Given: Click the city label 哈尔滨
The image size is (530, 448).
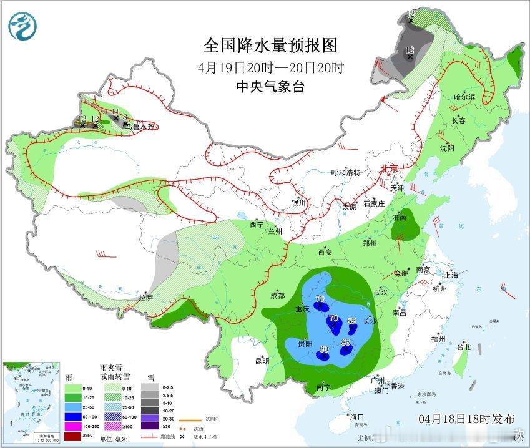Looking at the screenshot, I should coord(464,97).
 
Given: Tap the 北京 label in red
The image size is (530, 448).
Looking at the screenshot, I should coord(390,168).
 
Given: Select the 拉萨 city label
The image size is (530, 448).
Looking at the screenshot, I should coord(145,298).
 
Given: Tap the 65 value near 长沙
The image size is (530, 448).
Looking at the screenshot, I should coord(351,321).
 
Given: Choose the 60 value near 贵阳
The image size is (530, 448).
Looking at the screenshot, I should coord(324,349).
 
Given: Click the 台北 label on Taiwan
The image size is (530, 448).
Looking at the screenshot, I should coord(463,346).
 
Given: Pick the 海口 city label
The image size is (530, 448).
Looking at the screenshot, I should coord(356,416).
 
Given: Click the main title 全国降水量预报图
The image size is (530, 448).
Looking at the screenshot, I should coord(270,46).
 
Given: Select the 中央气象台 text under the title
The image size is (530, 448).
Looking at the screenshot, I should coord(270,87).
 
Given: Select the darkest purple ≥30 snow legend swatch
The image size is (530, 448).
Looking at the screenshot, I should coord(149,426).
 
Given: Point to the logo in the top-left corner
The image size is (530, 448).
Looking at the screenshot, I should coord(23,26).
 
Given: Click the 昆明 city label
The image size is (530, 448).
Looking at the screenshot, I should coord(262,361).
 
